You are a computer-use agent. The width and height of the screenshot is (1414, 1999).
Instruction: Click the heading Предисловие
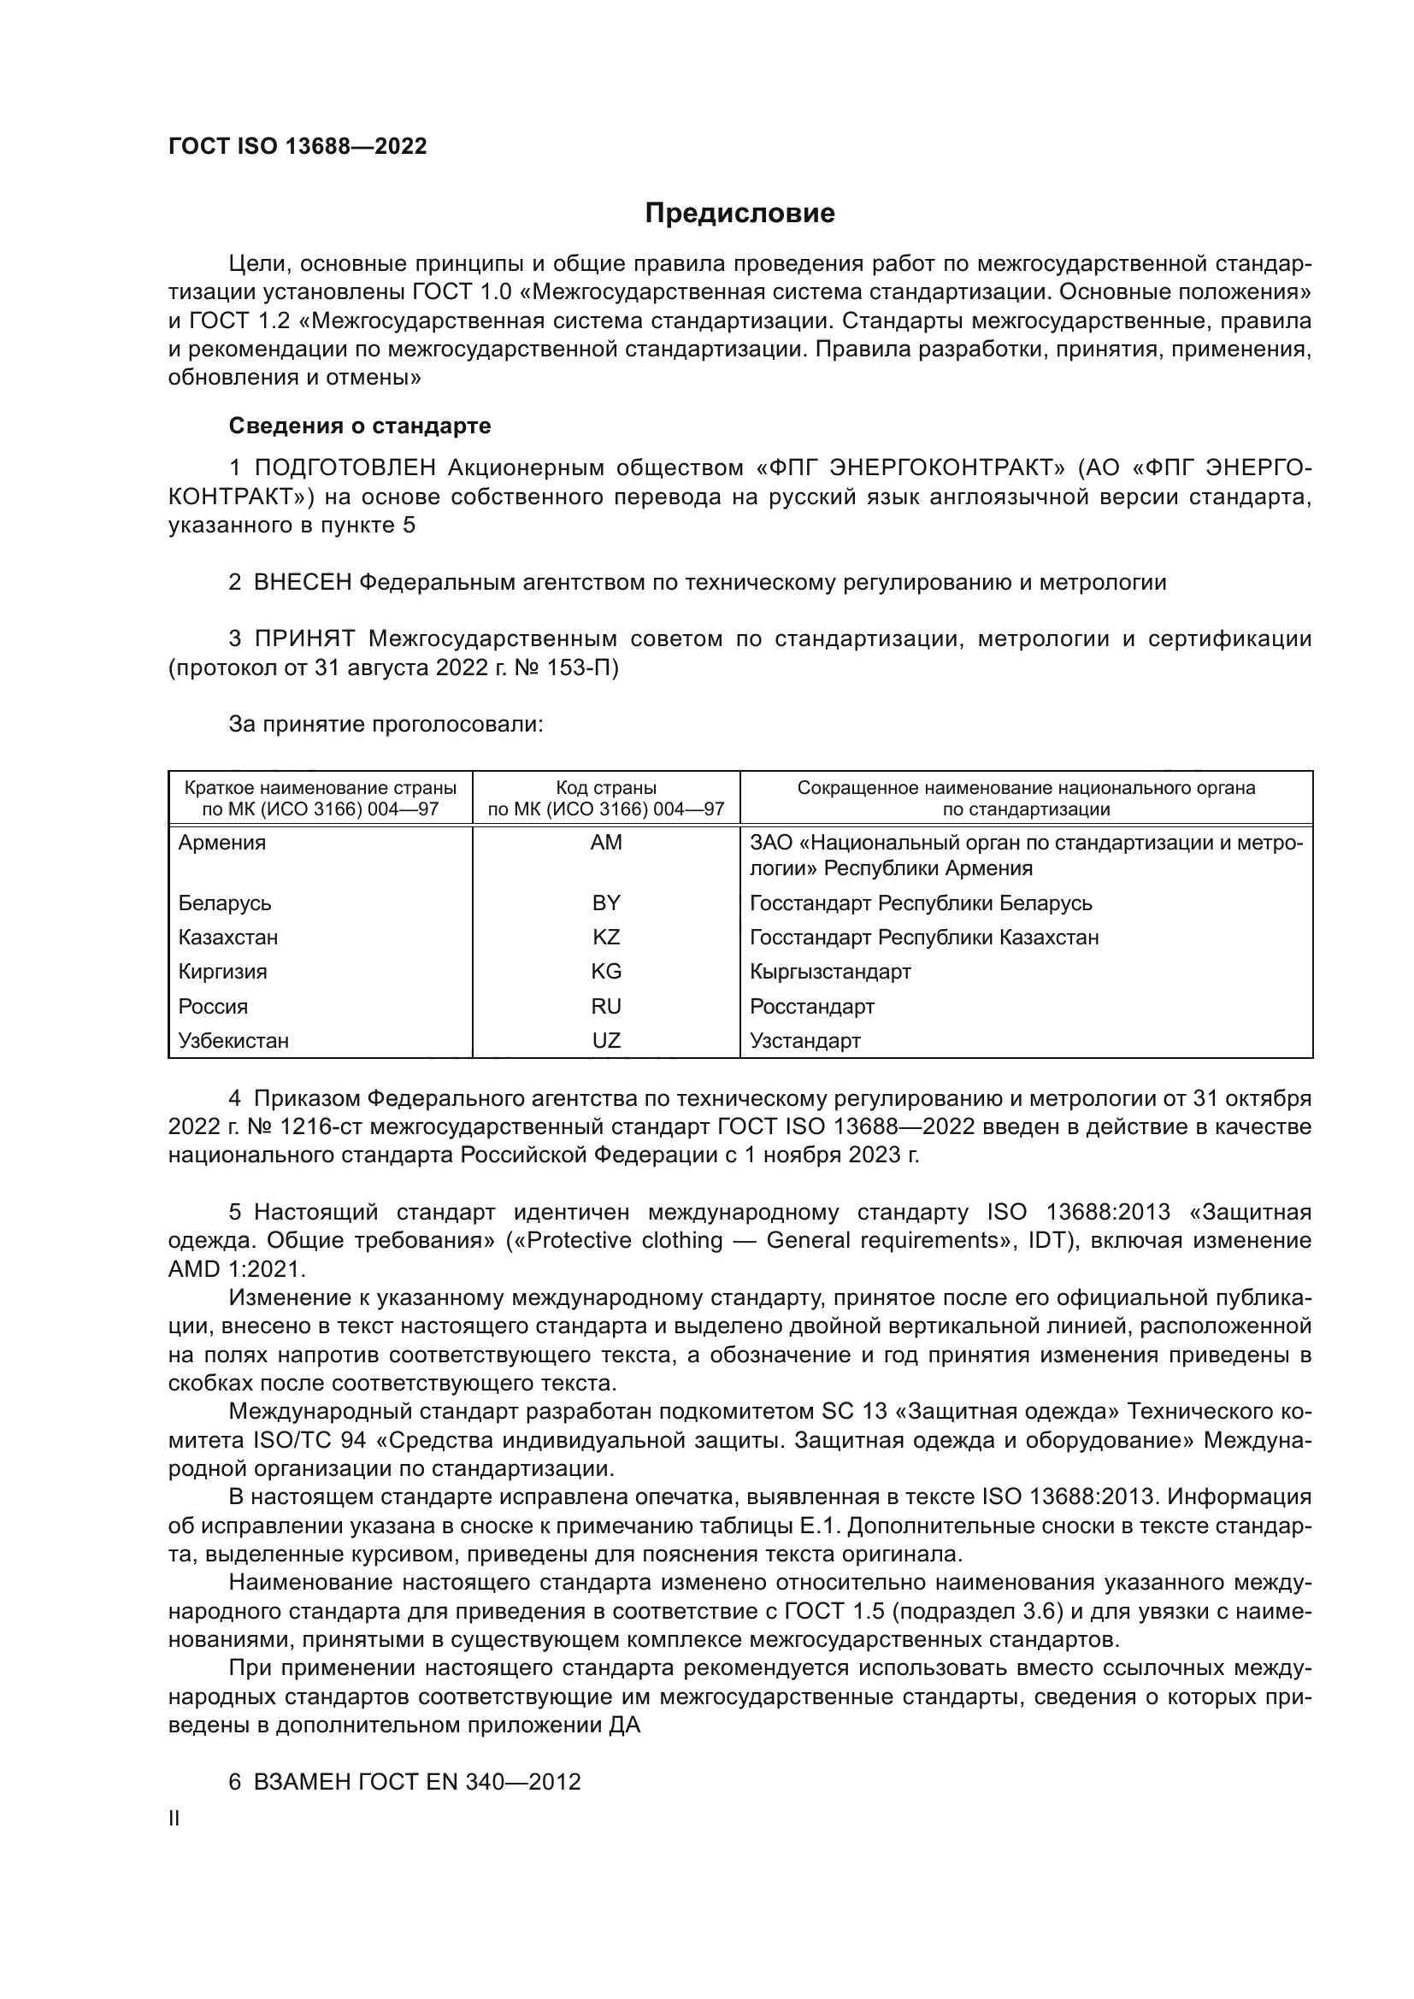pyautogui.click(x=739, y=214)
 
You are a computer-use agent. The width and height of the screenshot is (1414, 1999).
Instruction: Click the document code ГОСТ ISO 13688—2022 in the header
pyautogui.click(x=298, y=146)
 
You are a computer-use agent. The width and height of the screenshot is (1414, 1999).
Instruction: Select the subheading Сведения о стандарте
pyautogui.click(x=360, y=426)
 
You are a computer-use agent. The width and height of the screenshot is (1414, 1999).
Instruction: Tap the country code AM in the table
pyautogui.click(x=606, y=843)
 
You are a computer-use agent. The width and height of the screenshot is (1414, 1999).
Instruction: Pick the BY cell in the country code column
pyautogui.click(x=606, y=902)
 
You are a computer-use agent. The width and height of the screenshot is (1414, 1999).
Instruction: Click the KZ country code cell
pyautogui.click(x=606, y=938)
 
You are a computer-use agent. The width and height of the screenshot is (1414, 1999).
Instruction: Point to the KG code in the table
pyautogui.click(x=606, y=972)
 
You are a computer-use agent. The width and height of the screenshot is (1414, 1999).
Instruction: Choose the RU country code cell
pyautogui.click(x=606, y=1007)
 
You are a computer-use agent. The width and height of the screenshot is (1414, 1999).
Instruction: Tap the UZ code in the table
pyautogui.click(x=606, y=1040)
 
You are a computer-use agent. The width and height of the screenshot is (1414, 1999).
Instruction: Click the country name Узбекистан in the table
pyautogui.click(x=233, y=1040)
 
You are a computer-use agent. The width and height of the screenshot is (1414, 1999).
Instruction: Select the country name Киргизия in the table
pyautogui.click(x=223, y=972)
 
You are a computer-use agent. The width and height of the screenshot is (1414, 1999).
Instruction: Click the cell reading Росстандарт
pyautogui.click(x=811, y=1007)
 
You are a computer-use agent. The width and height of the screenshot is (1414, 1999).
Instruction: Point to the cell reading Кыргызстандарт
pyautogui.click(x=830, y=972)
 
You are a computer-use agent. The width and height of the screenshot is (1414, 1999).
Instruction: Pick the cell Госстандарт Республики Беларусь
pyautogui.click(x=921, y=902)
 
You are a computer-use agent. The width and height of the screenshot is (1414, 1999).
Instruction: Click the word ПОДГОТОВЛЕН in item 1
pyautogui.click(x=345, y=468)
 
